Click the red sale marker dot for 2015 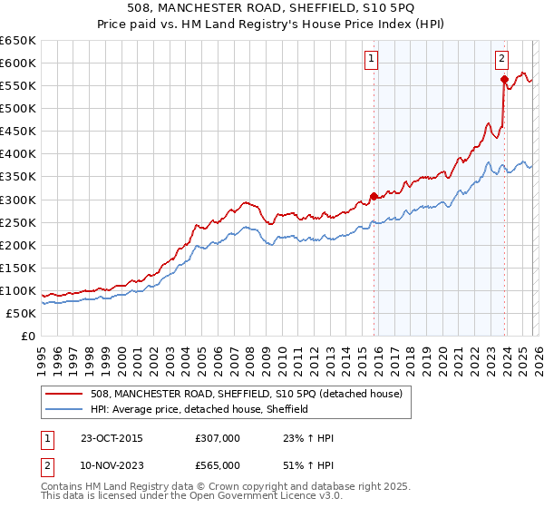374,196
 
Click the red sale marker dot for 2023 503,79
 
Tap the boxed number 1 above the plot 372,60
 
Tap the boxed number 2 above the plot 501,60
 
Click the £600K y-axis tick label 17,63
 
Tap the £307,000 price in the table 217,438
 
